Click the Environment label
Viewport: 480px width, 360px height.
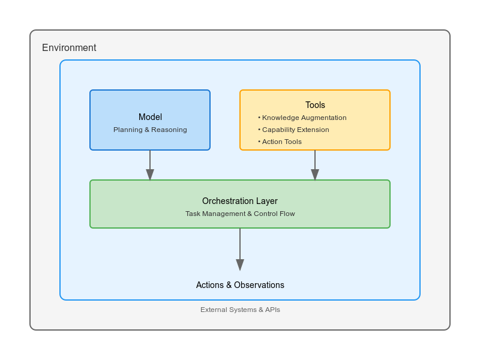(69, 48)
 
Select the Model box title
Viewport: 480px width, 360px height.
(150, 117)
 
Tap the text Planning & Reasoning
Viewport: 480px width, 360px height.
(150, 130)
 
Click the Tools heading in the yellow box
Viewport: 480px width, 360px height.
(315, 105)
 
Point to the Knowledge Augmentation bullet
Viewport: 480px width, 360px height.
(304, 118)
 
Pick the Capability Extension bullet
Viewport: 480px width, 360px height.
(295, 130)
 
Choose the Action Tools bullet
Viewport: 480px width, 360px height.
(281, 142)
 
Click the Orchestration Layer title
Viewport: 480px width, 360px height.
(240, 201)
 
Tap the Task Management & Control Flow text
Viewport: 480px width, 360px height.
(240, 214)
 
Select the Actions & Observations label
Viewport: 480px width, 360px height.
(240, 285)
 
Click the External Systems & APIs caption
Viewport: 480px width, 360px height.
(240, 310)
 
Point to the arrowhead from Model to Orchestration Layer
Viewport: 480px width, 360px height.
(150, 175)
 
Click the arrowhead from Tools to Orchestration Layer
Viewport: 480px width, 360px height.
(315, 175)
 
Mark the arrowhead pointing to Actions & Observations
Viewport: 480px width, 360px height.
(240, 265)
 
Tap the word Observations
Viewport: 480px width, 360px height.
(259, 285)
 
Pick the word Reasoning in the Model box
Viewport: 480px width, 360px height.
(169, 130)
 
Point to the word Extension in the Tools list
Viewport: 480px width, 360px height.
(313, 130)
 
